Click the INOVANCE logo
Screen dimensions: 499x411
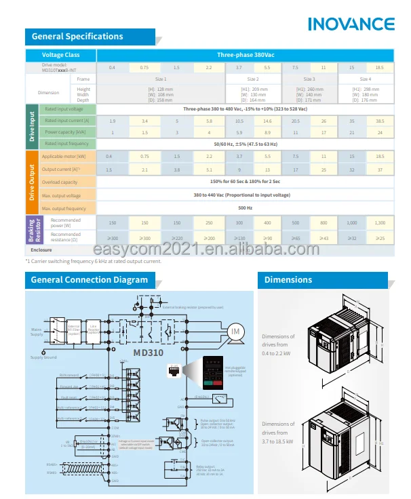(x=351, y=24)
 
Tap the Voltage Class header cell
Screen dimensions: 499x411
(x=61, y=55)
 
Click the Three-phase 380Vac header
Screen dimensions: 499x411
(x=245, y=55)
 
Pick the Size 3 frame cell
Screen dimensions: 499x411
(x=309, y=79)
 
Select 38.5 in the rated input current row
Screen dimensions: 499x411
(x=380, y=121)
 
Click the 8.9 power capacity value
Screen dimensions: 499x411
(x=267, y=132)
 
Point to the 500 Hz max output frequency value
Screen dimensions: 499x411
(x=245, y=208)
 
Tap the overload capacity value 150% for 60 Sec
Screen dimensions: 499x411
(x=245, y=182)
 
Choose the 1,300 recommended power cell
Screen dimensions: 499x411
(x=380, y=223)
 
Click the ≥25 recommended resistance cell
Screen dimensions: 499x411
(x=380, y=238)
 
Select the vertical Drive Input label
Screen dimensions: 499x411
(x=31, y=126)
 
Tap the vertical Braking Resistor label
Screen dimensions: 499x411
(x=31, y=231)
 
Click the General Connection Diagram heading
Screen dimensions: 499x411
(x=90, y=279)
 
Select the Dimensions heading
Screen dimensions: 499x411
(x=288, y=279)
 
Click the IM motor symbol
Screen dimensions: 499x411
(x=236, y=331)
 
